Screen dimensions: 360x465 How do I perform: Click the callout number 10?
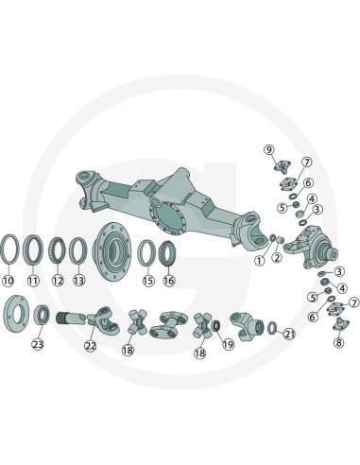pyautogui.click(x=9, y=281)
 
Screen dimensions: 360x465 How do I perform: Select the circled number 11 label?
pyautogui.click(x=33, y=281)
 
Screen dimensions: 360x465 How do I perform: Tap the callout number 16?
pyautogui.click(x=169, y=281)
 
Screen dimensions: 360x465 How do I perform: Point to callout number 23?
pyautogui.click(x=38, y=344)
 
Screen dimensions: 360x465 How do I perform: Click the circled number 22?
pyautogui.click(x=91, y=345)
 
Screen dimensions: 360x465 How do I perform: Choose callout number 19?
pyautogui.click(x=229, y=344)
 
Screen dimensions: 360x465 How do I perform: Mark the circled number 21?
pyautogui.click(x=289, y=334)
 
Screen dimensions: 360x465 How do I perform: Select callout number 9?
pyautogui.click(x=269, y=150)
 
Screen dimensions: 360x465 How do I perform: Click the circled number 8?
pyautogui.click(x=338, y=342)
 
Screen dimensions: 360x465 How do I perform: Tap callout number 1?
pyautogui.click(x=260, y=261)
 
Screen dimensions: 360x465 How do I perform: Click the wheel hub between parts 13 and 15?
pyautogui.click(x=111, y=250)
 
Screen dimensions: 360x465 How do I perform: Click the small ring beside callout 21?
pyautogui.click(x=272, y=328)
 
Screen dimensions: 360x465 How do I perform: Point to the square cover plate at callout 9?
pyautogui.click(x=283, y=166)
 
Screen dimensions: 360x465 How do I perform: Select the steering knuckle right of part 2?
pyautogui.click(x=310, y=247)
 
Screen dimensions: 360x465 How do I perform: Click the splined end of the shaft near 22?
pyautogui.click(x=63, y=317)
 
